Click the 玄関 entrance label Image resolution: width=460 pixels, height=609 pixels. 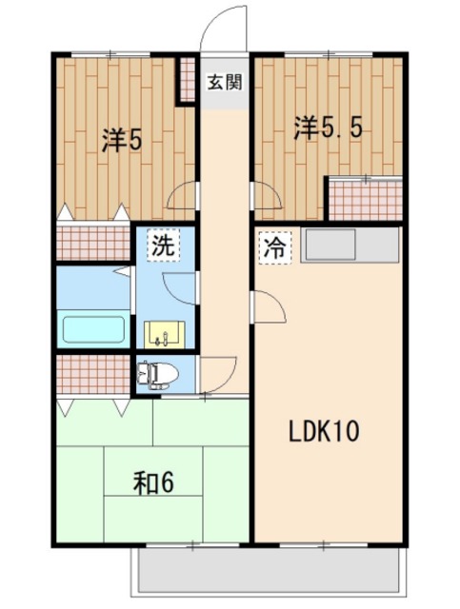(225, 83)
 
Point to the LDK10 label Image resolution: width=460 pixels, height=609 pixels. (324, 431)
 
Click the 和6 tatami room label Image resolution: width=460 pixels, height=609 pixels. (153, 482)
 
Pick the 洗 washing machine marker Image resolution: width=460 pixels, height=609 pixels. (163, 246)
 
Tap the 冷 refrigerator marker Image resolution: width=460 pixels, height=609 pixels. (275, 247)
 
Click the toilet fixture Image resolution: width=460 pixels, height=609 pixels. (158, 374)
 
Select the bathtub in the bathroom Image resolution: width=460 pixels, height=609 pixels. (93, 329)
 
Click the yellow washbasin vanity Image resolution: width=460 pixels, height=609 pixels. (165, 334)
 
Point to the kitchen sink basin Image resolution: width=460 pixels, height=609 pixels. (330, 245)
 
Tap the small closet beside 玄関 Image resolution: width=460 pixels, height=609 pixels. (188, 80)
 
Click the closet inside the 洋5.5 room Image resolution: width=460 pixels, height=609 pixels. (365, 200)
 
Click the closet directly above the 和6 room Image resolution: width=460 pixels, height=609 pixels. (93, 374)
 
